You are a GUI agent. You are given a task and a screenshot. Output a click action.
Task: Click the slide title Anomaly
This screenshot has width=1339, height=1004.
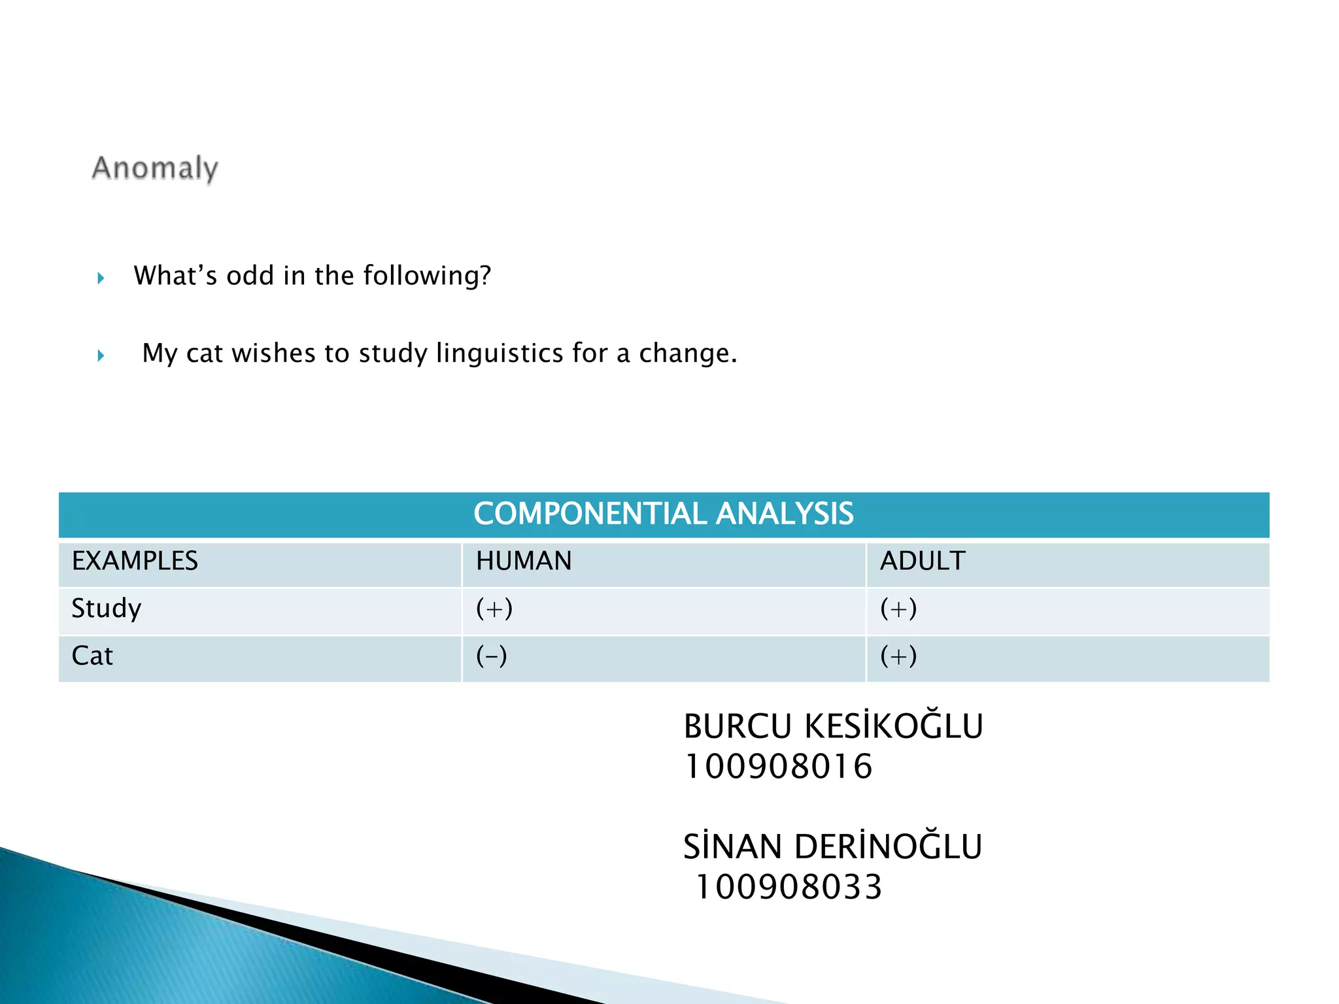pos(155,169)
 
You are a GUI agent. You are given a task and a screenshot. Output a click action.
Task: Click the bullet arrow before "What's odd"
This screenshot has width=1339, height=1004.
pos(101,278)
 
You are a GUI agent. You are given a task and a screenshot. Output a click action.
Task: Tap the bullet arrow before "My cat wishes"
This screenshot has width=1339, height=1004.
pos(101,356)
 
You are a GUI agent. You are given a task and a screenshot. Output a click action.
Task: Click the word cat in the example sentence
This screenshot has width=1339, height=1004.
pos(205,354)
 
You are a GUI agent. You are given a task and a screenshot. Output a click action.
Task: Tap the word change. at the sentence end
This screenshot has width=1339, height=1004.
pos(688,354)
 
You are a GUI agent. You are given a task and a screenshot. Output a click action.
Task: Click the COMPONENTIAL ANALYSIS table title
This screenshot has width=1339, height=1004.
pos(663,514)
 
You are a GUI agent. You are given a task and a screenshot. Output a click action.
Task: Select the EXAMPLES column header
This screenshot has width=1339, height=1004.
pos(135,561)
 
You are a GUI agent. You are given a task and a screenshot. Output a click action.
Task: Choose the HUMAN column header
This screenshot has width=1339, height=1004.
pos(524,561)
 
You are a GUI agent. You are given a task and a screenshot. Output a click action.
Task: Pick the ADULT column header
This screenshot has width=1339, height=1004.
pos(923,561)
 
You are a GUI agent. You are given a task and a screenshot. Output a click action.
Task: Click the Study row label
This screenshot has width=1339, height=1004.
pos(107,609)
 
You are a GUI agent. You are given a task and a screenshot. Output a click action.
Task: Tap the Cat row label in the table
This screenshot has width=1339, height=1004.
pos(92,656)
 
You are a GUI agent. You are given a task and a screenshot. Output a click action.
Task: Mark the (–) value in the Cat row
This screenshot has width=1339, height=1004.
pos(492,656)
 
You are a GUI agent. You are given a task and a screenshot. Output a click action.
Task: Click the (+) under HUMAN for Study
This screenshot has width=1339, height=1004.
pos(494,609)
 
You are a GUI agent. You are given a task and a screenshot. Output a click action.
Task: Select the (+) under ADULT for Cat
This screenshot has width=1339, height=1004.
pos(898,656)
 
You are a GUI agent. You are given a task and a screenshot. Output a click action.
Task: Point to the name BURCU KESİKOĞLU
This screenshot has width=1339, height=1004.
pos(833,726)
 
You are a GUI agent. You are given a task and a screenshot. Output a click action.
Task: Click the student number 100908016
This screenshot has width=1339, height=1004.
pos(778,767)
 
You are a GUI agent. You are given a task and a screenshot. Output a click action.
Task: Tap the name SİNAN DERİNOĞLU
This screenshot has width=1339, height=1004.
pos(832,847)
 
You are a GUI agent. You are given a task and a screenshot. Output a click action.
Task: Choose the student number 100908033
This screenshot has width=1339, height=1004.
pos(789,888)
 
